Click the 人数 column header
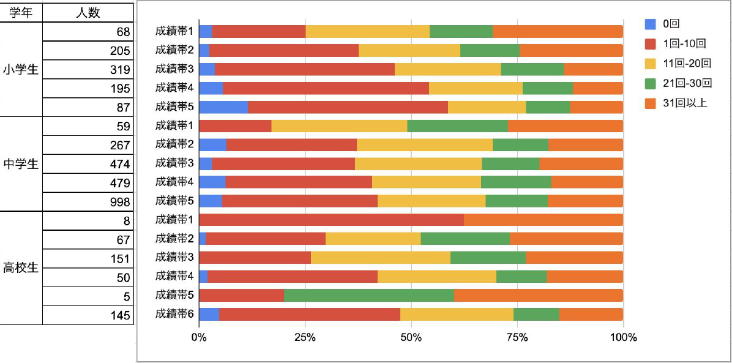point(88,12)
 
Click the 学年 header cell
point(21,12)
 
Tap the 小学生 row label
point(21,69)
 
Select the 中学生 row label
point(21,164)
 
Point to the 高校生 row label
point(21,268)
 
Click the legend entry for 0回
point(671,24)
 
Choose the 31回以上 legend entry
point(684,103)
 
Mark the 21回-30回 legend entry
point(687,83)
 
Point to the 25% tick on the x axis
point(305,337)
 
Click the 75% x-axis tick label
point(517,337)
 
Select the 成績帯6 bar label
point(174,314)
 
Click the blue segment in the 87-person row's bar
point(223,107)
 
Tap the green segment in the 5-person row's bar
point(368,295)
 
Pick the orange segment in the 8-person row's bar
point(543,220)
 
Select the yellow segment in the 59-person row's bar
point(339,126)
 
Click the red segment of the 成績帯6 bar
point(309,314)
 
